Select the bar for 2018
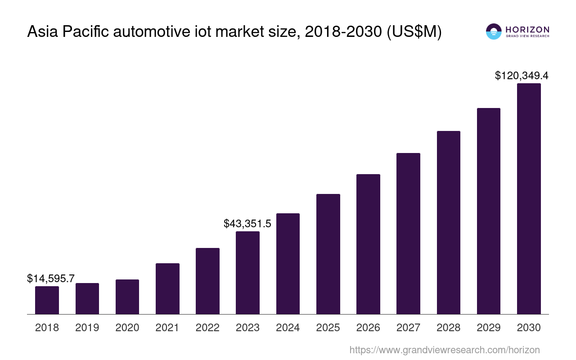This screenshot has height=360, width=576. click(47, 300)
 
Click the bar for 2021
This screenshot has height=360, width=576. click(167, 288)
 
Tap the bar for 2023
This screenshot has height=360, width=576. click(247, 273)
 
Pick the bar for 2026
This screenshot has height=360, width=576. click(368, 244)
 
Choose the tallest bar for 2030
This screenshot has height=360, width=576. click(529, 198)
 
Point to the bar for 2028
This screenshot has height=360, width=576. click(448, 222)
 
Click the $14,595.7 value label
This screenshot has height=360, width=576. click(51, 279)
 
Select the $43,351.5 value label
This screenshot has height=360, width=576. click(247, 223)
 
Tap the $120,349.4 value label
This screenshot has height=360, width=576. click(522, 76)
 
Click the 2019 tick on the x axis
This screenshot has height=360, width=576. click(87, 328)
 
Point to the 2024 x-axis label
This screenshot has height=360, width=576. click(288, 328)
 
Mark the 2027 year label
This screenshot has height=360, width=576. click(408, 328)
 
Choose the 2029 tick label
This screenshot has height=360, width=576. click(489, 328)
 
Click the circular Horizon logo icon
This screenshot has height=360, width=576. click(494, 31)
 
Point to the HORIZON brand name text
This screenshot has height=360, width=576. click(527, 29)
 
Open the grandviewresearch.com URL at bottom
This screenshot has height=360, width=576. click(444, 350)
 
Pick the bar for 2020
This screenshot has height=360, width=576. click(127, 297)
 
